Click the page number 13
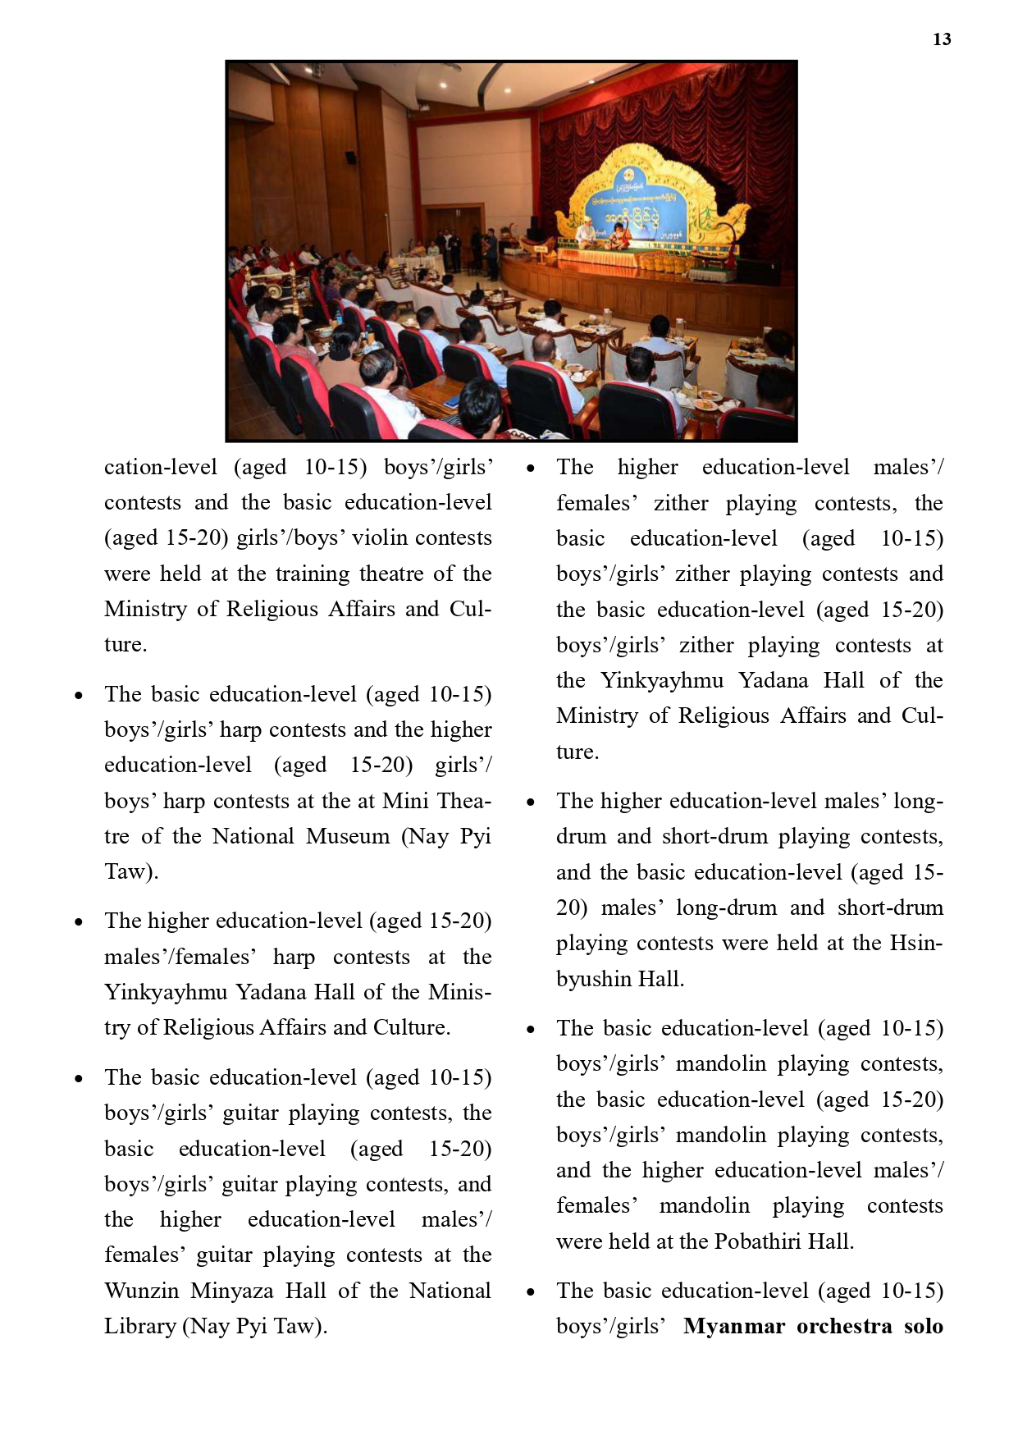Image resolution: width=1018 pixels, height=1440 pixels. [942, 39]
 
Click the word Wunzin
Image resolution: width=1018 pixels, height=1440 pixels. [141, 1291]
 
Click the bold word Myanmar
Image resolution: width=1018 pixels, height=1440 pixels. [733, 1326]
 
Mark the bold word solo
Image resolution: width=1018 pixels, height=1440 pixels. [923, 1326]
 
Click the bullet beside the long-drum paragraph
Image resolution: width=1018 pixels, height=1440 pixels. [531, 802]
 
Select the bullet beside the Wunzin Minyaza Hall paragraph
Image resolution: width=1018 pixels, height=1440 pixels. [79, 1078]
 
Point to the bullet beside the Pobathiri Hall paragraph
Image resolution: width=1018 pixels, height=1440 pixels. [531, 1029]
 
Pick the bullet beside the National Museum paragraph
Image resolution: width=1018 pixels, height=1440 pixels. [79, 695]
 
